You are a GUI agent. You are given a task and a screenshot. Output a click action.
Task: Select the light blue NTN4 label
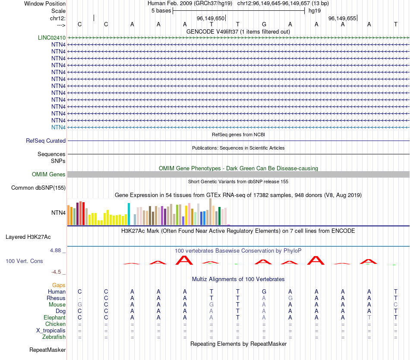(58, 127)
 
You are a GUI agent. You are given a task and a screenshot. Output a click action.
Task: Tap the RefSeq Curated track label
(46, 141)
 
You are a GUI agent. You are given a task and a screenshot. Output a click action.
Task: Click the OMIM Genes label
(49, 174)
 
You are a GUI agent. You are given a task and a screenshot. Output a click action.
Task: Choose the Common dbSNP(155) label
(38, 188)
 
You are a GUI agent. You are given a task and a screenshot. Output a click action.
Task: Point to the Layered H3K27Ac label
(28, 237)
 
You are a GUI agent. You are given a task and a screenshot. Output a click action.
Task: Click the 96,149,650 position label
(211, 19)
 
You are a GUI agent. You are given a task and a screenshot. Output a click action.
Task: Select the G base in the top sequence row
(264, 24)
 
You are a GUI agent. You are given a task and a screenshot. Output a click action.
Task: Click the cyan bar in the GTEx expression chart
(129, 214)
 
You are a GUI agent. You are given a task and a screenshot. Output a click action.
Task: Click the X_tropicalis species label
(51, 330)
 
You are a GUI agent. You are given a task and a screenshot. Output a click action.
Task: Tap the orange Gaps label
(59, 285)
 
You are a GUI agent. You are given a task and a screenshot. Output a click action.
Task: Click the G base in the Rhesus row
(290, 298)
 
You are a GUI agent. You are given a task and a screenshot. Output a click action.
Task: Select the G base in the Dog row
(79, 311)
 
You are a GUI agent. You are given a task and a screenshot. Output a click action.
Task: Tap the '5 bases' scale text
(161, 10)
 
